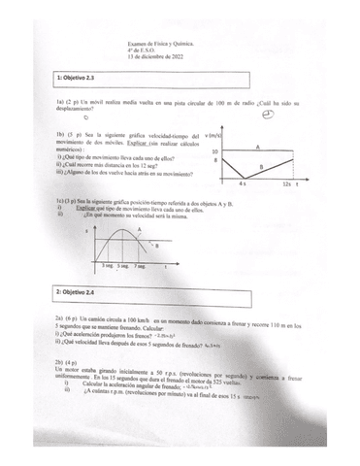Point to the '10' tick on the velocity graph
coord(214,151)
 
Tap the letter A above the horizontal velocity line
coord(257,146)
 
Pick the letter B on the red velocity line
coord(261,167)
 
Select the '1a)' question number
coord(60,102)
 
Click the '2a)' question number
coord(60,318)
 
